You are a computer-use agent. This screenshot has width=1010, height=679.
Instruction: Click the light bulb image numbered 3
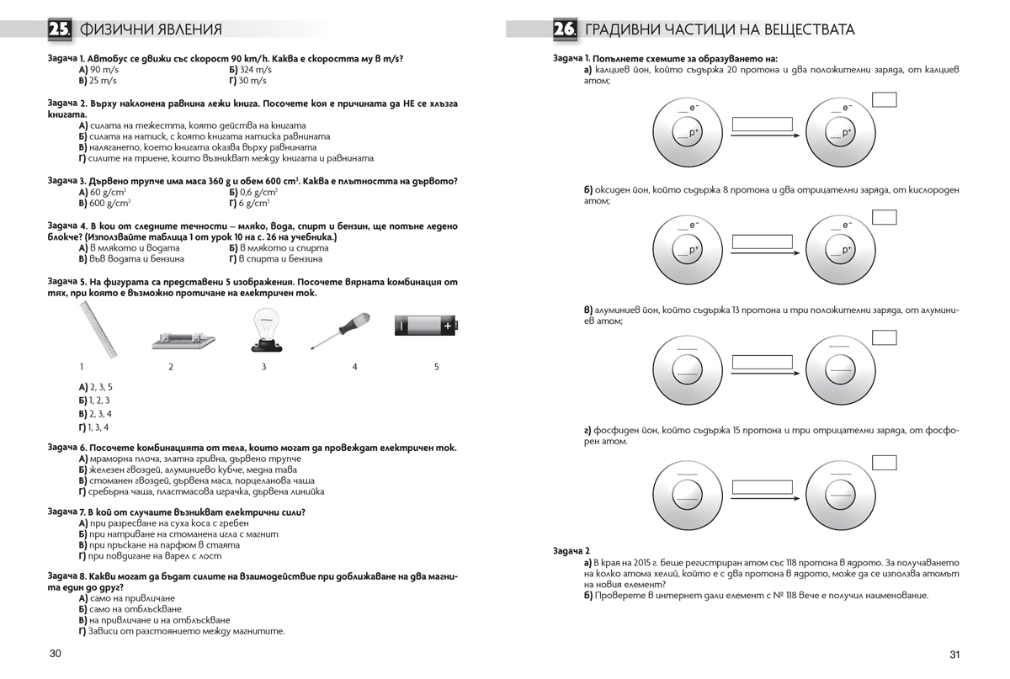(x=263, y=330)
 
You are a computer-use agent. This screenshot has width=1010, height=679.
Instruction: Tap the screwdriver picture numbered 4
(x=340, y=332)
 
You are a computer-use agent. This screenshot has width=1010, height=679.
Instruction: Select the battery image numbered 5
(x=427, y=325)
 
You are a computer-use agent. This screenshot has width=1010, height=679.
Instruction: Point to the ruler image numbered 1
(x=100, y=330)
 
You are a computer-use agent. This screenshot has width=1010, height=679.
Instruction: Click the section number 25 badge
(x=60, y=29)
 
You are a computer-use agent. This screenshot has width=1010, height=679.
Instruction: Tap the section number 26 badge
(x=565, y=29)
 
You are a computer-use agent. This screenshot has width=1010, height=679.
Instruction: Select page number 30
(x=56, y=654)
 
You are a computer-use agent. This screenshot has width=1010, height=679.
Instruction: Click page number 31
(x=954, y=655)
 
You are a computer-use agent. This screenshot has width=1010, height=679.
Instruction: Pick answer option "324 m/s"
(x=252, y=70)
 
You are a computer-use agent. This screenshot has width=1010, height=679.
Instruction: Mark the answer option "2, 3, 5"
(x=100, y=387)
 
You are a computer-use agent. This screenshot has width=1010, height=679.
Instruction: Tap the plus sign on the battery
(x=448, y=325)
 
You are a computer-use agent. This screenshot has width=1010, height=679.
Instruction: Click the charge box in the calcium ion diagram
(x=884, y=100)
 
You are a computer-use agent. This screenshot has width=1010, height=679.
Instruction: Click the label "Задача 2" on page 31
(x=572, y=549)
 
